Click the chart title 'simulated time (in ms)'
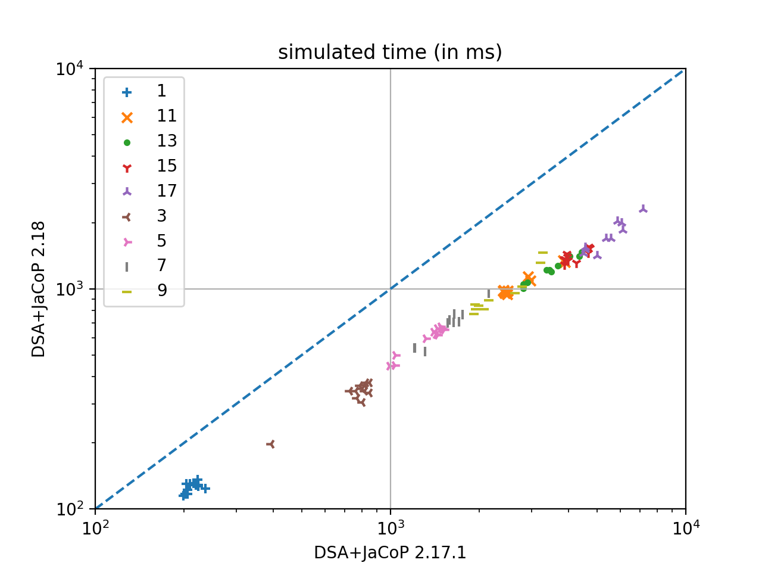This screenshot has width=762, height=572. tap(390, 52)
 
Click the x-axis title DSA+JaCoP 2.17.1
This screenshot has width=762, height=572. tap(390, 553)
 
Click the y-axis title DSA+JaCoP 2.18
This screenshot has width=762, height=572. tap(39, 289)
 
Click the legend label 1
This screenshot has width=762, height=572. tap(161, 91)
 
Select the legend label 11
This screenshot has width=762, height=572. tap(167, 116)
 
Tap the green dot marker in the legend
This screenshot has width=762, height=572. tap(127, 142)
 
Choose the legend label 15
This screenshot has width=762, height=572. tap(167, 166)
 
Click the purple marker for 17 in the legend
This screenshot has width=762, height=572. tap(127, 192)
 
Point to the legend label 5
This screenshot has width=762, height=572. tap(161, 241)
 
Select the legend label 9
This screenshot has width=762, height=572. tap(161, 291)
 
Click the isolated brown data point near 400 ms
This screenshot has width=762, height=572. tap(271, 444)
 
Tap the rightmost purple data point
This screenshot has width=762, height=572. tap(643, 209)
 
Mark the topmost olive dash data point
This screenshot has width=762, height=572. tap(543, 253)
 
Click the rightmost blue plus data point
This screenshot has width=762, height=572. tap(205, 489)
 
